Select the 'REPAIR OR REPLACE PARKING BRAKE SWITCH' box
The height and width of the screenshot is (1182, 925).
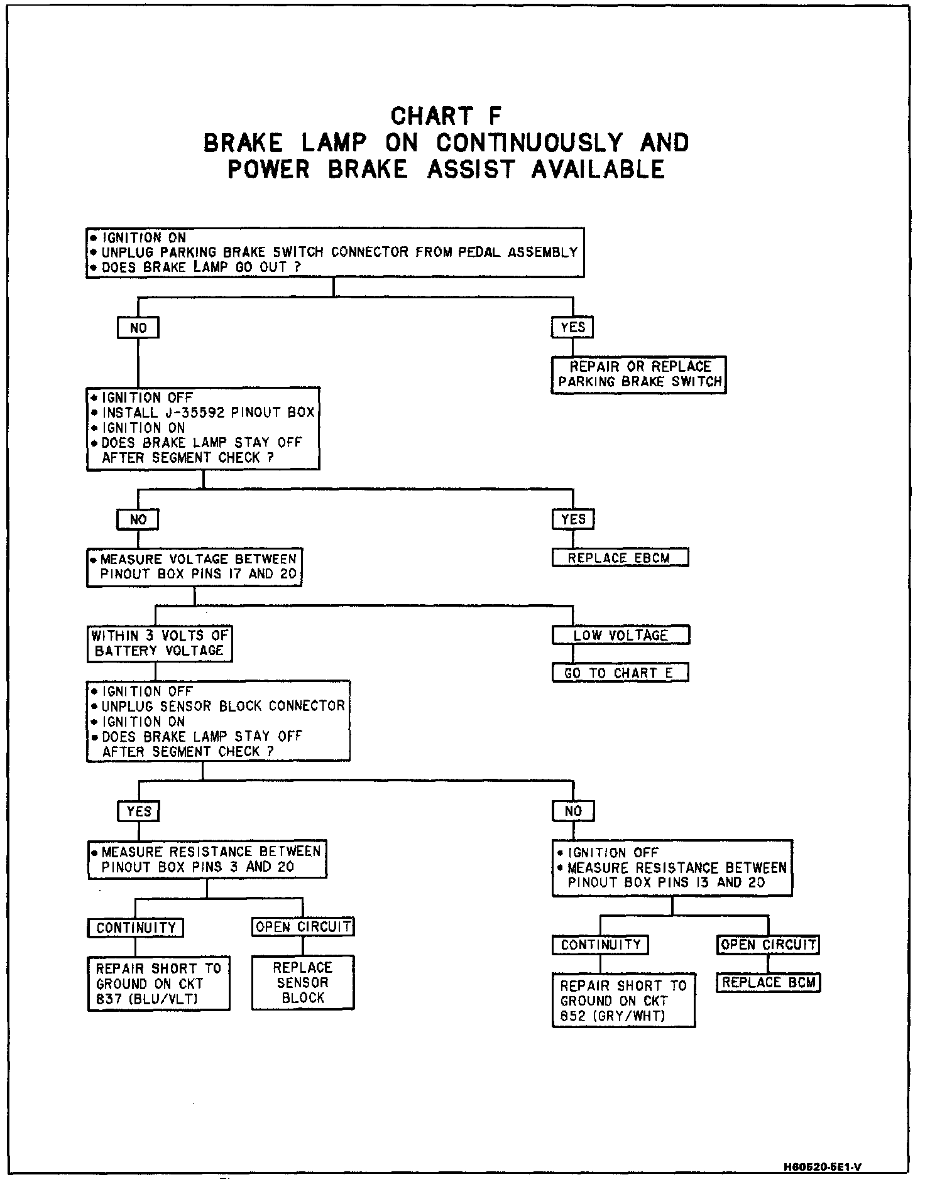coord(638,374)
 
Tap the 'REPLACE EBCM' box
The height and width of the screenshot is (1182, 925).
coord(620,558)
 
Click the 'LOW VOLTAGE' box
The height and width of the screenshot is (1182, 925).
coord(620,635)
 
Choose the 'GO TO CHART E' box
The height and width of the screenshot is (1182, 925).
coord(620,673)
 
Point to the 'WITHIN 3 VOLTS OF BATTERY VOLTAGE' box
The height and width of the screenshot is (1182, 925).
coord(160,643)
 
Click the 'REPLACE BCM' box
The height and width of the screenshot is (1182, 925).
coord(769,982)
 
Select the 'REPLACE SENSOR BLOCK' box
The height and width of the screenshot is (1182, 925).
coord(303,982)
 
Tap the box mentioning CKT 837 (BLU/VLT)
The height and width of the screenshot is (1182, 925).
coord(158,984)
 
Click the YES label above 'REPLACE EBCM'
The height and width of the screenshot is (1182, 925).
coord(573,519)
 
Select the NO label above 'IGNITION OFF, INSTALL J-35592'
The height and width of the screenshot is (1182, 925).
coord(138,327)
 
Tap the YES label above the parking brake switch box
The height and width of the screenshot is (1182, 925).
coord(572,327)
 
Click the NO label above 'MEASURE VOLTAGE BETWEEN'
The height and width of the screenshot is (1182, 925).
coord(138,519)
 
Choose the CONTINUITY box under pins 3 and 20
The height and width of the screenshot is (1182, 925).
coord(136,928)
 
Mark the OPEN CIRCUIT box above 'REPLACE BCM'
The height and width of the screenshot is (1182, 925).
coord(768,945)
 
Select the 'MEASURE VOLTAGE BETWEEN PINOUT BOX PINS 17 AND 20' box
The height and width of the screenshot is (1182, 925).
coord(194,567)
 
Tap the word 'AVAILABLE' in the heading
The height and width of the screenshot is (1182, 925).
coord(598,170)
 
